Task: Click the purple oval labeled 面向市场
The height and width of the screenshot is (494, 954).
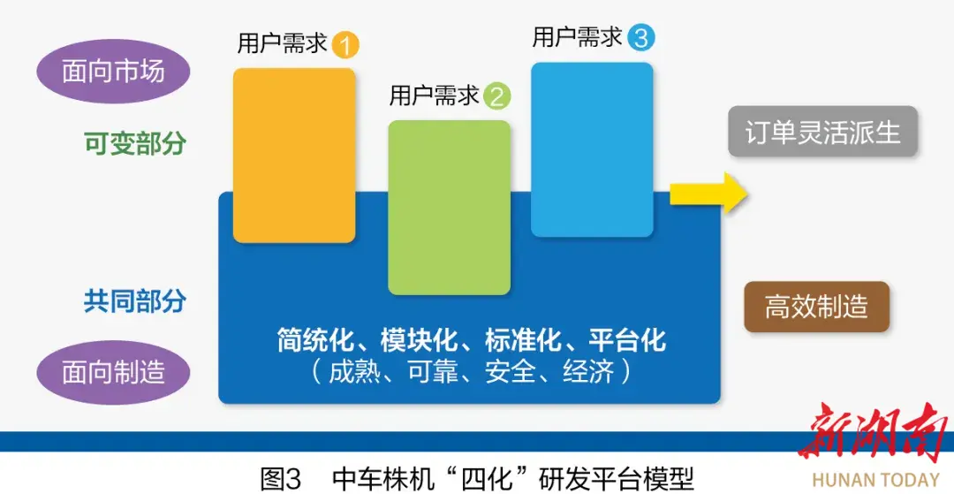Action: click(x=114, y=72)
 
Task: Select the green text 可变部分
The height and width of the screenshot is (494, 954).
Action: click(x=134, y=144)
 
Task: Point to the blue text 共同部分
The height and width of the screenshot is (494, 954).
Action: click(x=134, y=301)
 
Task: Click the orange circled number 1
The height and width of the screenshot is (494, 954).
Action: click(x=345, y=46)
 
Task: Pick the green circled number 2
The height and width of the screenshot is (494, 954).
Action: click(x=497, y=97)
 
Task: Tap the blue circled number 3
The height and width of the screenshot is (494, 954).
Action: click(x=641, y=39)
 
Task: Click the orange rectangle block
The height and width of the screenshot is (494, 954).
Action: click(x=294, y=156)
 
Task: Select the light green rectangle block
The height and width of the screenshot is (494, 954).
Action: click(x=450, y=208)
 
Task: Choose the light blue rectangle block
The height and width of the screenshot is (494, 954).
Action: click(x=592, y=149)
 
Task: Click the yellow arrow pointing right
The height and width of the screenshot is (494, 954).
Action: click(x=708, y=193)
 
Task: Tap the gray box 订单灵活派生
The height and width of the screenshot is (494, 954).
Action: click(x=822, y=132)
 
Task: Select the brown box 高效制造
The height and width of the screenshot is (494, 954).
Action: click(x=816, y=308)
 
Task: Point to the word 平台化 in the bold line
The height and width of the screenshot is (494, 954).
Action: click(x=627, y=341)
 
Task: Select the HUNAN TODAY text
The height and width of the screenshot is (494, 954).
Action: click(x=875, y=479)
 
